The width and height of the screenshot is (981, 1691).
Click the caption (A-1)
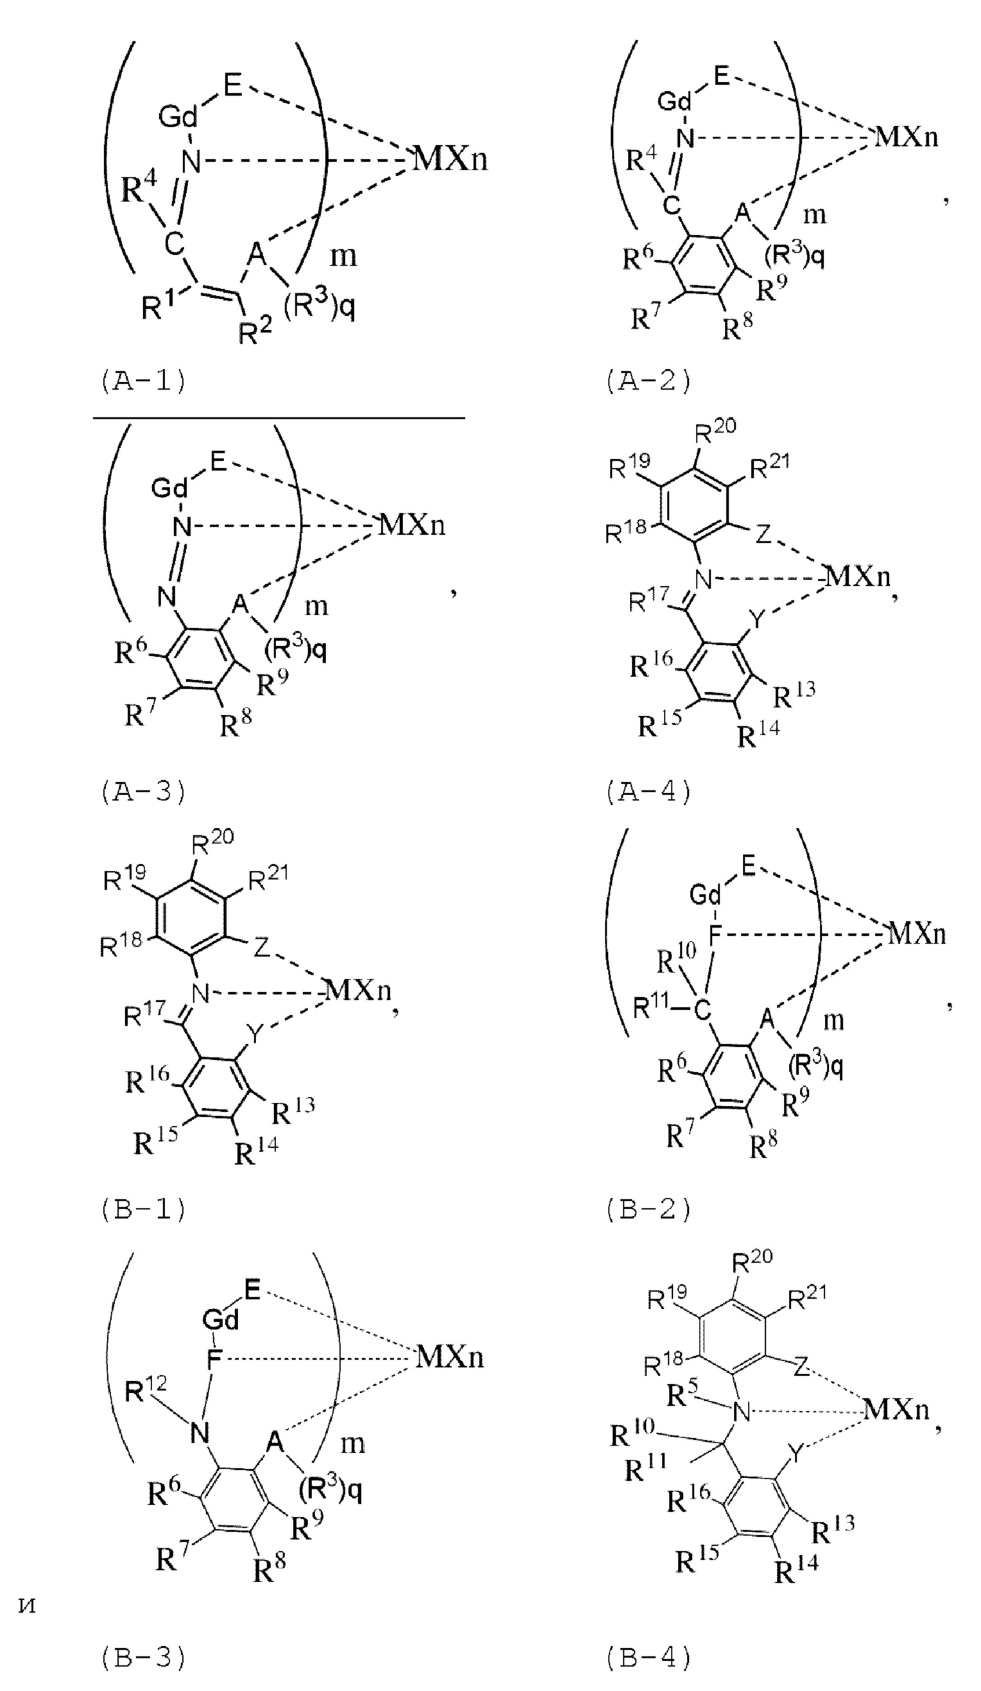click(143, 381)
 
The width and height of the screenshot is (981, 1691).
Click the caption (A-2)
click(648, 381)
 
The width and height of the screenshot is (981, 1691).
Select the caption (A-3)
click(143, 792)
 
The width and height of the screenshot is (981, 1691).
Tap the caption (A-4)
click(648, 792)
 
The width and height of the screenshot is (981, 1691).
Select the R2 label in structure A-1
click(255, 331)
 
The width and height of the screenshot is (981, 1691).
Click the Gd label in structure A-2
click(675, 101)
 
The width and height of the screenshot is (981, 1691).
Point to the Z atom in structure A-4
click(763, 535)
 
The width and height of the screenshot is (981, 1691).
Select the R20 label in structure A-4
click(715, 428)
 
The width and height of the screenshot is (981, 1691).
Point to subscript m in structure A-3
click(317, 606)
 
